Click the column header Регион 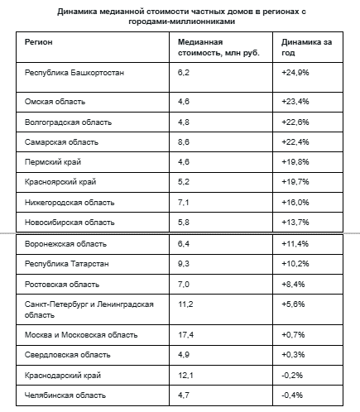point(38,42)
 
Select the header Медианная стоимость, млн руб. point(218,47)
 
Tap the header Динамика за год point(306,47)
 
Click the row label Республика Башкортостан point(74,73)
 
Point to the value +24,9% point(295,73)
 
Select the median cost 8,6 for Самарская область point(184,142)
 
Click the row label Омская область point(55,102)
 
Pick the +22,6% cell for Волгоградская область point(295,122)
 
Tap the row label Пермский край point(53,162)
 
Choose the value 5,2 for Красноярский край point(184,182)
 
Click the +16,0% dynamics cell point(295,203)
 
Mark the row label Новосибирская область point(70,223)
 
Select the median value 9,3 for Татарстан point(184,264)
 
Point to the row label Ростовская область point(62,285)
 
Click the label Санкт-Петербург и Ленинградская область point(89,309)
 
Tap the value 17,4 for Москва point(185,335)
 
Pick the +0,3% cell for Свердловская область point(293,355)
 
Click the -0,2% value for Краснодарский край point(292,376)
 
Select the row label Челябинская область point(65,395)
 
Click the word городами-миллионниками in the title point(182,22)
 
